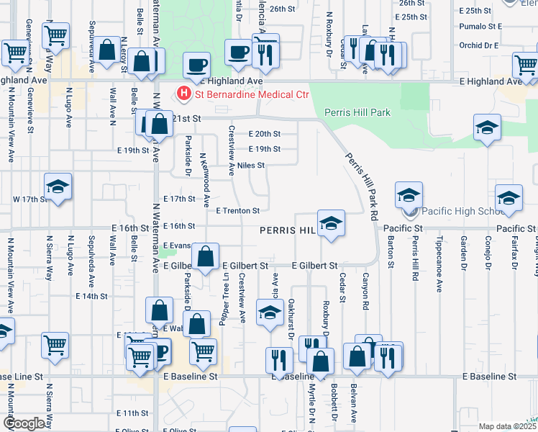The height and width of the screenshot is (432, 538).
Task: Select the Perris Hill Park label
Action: coord(357,112)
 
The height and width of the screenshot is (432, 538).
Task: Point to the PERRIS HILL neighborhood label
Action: coord(288,230)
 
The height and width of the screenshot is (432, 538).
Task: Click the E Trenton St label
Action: coord(237,210)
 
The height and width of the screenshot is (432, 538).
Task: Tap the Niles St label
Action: coord(251,165)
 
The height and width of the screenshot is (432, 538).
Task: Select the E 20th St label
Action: coord(264,133)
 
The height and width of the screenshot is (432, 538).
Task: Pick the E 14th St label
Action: coord(91,295)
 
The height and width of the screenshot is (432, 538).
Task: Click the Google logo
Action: coord(24,423)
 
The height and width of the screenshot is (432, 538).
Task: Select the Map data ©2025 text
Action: coord(507,426)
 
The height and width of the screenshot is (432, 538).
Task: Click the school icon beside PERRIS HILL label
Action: coord(331,223)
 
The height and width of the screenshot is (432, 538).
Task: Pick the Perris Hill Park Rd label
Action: coord(361,186)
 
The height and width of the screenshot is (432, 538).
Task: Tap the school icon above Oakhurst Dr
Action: coord(270,314)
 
